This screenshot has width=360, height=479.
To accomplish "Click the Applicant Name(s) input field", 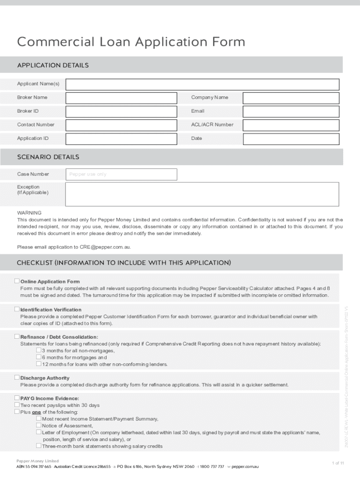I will [x=202, y=84].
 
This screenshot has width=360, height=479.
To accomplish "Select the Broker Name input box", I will [x=121, y=98].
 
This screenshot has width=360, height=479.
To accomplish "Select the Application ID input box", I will [x=121, y=138].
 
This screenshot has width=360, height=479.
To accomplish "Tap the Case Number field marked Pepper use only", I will [x=121, y=174].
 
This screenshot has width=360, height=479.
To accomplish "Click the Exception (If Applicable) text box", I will [x=202, y=194].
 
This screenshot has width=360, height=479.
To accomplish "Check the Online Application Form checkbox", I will [x=17, y=281].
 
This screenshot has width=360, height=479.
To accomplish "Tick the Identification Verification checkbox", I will [x=17, y=309].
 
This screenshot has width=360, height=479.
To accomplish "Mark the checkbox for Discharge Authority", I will [x=17, y=377].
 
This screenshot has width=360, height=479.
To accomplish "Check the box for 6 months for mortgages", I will [x=39, y=357].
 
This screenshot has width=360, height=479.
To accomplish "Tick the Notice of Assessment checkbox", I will [x=39, y=426].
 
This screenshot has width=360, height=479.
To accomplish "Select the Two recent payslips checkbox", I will [x=17, y=405].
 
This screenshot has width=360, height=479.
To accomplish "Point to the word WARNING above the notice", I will [x=29, y=212].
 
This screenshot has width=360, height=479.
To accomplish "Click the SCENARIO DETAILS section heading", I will [x=48, y=157].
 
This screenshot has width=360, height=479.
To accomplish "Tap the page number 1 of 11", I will [x=338, y=463].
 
